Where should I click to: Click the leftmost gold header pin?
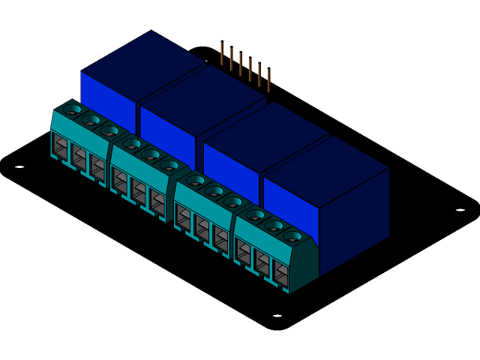click(x=222, y=52)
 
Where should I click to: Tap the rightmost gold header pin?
click(x=268, y=79)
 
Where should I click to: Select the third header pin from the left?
click(x=241, y=64)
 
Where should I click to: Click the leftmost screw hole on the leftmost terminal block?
click(x=72, y=110)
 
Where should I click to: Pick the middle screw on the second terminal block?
click(x=151, y=154)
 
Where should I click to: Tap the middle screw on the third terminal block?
click(x=214, y=191)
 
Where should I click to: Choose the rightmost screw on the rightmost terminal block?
click(x=292, y=237)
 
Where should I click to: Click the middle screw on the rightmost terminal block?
click(x=274, y=226)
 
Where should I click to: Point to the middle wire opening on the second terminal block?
click(x=139, y=190)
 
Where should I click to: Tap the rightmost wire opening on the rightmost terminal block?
click(x=280, y=273)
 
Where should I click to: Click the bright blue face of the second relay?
click(x=166, y=127)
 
